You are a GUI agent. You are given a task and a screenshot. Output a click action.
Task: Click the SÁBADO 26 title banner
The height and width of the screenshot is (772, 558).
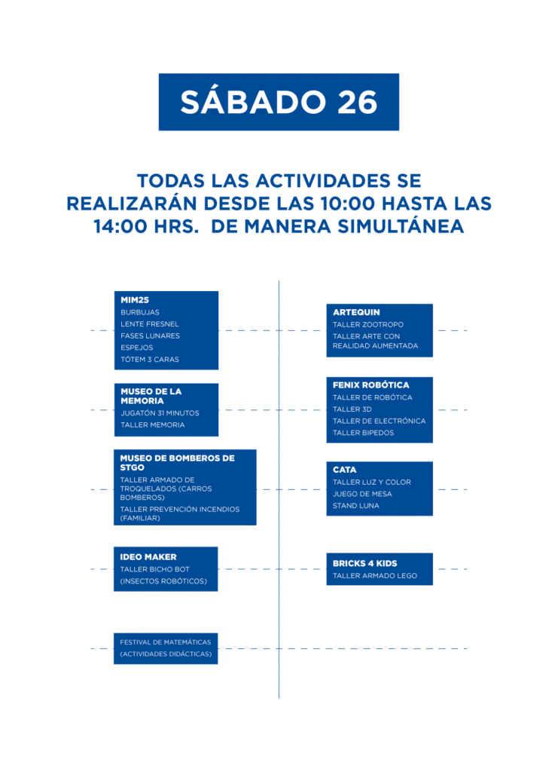click(279, 102)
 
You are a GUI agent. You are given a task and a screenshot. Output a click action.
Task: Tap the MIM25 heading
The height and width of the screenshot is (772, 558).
click(135, 300)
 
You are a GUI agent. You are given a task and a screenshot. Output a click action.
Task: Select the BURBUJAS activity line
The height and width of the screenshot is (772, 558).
click(140, 312)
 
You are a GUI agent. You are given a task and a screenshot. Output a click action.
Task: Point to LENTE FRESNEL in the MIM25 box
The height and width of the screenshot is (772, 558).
click(150, 324)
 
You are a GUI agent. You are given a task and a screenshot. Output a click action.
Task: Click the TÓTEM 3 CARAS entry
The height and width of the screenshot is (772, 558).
click(150, 360)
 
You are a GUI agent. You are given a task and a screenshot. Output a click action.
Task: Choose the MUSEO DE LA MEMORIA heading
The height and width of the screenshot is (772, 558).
click(151, 396)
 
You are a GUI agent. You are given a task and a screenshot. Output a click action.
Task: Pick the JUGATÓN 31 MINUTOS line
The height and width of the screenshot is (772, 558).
click(160, 413)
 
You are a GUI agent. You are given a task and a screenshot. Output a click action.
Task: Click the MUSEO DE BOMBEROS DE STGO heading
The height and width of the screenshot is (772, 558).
click(178, 463)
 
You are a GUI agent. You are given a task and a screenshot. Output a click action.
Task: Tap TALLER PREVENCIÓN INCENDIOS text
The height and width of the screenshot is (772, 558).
click(180, 509)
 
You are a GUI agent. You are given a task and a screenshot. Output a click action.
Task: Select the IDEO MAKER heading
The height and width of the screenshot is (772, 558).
click(148, 557)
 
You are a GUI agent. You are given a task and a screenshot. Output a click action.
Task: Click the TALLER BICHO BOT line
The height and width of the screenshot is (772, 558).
click(155, 569)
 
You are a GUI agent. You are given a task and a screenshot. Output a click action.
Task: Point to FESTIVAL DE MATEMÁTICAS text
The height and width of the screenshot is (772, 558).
click(166, 642)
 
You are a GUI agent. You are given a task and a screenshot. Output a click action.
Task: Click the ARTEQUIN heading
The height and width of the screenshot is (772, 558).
click(356, 312)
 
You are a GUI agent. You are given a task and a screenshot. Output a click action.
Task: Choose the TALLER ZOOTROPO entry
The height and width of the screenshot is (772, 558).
click(368, 324)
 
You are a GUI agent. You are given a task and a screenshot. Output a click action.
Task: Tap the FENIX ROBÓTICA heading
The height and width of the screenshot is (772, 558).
click(371, 385)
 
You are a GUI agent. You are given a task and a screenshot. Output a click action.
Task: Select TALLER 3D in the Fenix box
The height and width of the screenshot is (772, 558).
click(352, 409)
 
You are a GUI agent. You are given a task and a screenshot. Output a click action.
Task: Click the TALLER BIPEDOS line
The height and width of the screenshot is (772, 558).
click(363, 433)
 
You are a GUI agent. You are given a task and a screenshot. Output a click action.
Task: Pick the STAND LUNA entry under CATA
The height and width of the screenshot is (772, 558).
click(356, 506)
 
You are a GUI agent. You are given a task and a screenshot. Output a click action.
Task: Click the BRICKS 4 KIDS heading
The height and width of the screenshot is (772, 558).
click(364, 563)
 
